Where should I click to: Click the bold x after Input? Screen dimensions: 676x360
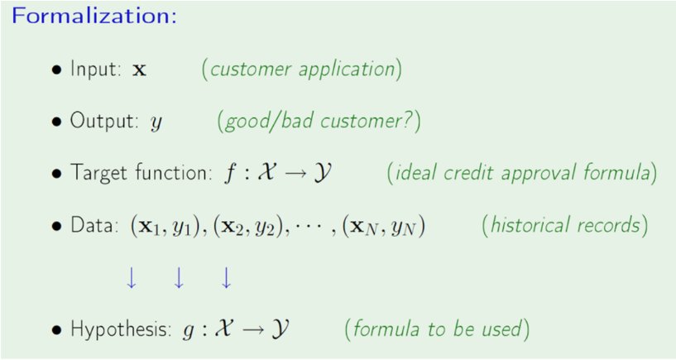139,70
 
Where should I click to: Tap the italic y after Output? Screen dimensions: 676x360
156,123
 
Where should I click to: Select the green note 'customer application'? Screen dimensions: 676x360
302,69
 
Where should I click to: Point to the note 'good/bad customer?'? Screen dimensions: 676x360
319,122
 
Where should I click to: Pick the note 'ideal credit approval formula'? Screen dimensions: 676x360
522,174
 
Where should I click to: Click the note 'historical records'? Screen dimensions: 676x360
565,225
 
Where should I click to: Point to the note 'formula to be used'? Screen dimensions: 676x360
436,329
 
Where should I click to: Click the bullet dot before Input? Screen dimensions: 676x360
56,70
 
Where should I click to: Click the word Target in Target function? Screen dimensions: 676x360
93,174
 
